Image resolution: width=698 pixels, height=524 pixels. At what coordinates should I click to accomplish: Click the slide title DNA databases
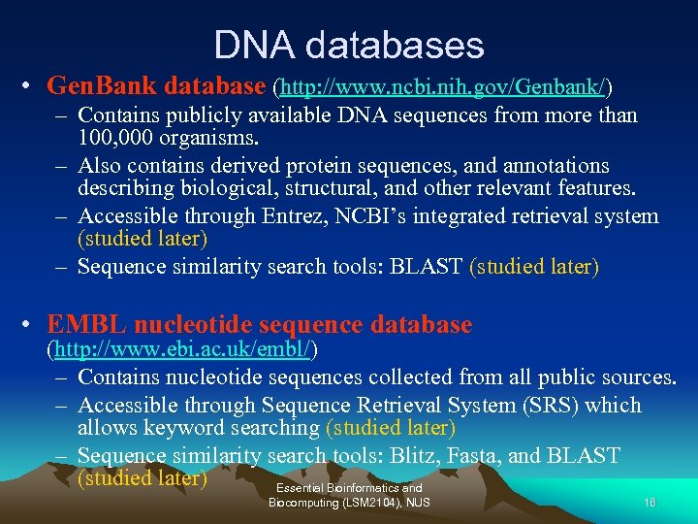tap(349, 45)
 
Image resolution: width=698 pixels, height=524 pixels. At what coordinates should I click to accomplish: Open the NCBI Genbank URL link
tap(444, 87)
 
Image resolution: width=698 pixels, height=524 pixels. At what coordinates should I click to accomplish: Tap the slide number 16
tap(650, 503)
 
